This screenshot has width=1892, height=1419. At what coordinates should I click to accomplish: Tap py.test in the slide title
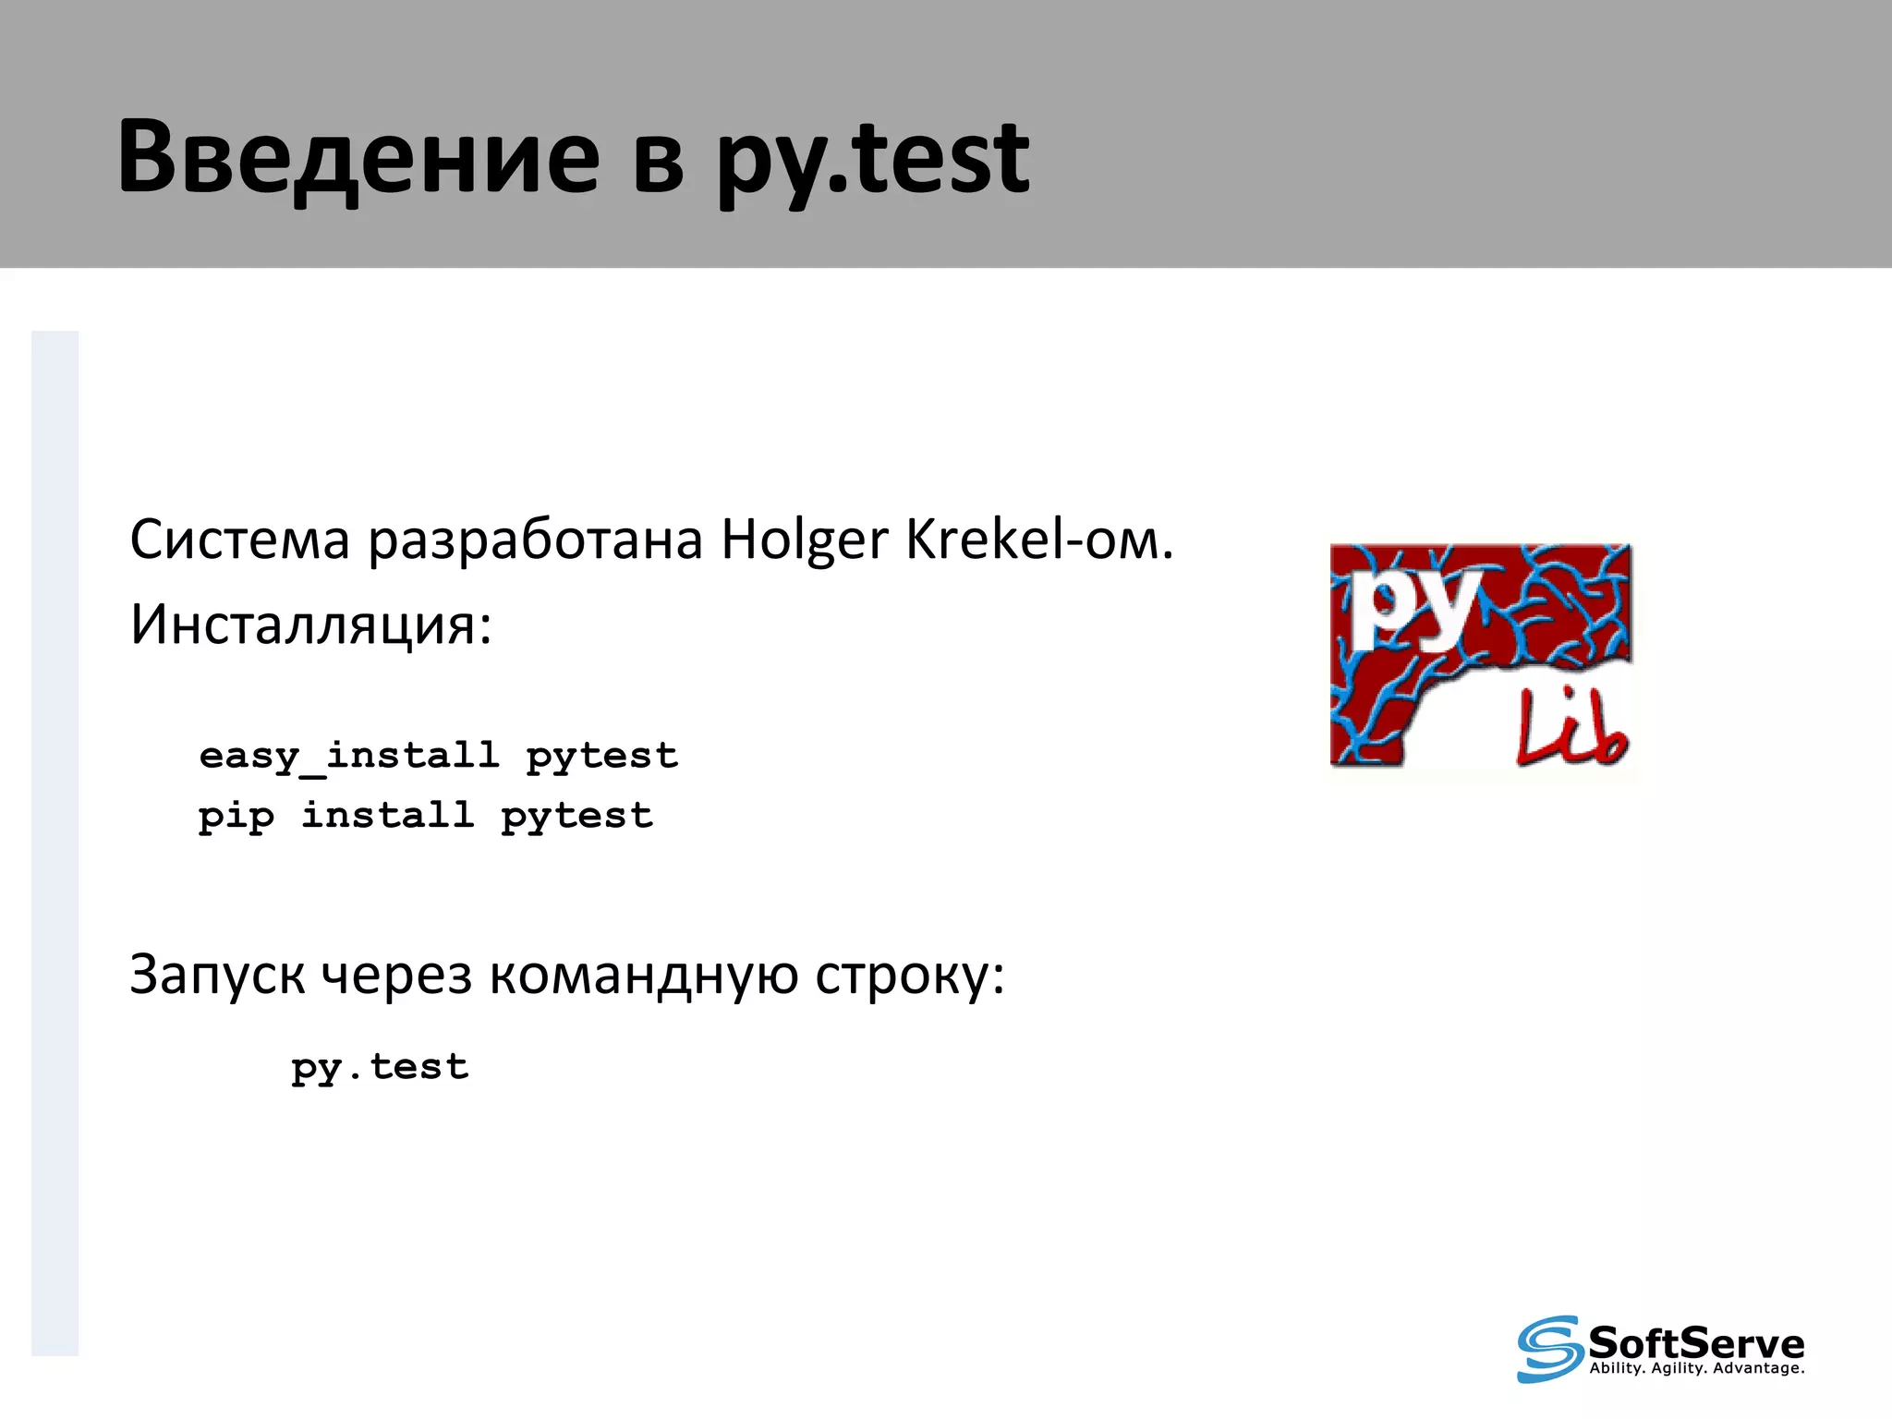click(x=872, y=159)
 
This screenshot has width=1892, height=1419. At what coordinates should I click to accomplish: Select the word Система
click(x=239, y=540)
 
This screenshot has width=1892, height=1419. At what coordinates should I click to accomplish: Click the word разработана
click(x=536, y=541)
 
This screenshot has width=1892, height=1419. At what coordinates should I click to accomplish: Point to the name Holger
click(x=804, y=541)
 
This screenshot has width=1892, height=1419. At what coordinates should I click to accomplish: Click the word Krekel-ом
click(x=1039, y=540)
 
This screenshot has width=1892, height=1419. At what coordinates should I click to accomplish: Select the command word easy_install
click(x=349, y=757)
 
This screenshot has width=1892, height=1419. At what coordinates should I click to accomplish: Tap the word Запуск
click(x=217, y=976)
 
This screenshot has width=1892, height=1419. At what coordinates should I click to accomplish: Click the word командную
click(x=643, y=976)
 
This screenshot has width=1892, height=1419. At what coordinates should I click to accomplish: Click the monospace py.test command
click(x=380, y=1068)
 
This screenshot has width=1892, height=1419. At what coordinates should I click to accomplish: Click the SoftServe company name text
click(x=1696, y=1341)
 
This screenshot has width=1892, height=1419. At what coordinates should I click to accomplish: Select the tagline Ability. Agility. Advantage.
click(x=1696, y=1368)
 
